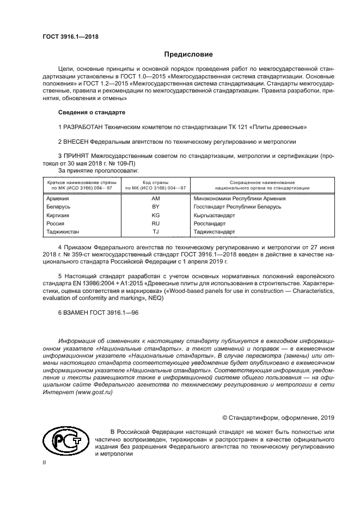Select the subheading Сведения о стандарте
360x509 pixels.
tap(91, 112)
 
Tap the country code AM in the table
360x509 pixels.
tap(155, 198)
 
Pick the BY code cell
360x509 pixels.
tap(155, 207)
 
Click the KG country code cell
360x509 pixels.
tap(155, 215)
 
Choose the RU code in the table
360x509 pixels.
tap(155, 223)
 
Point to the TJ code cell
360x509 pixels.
tap(155, 231)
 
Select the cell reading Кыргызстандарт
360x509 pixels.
tap(214, 215)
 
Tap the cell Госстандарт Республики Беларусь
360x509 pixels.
tap(237, 207)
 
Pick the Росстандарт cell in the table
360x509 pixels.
tap(209, 223)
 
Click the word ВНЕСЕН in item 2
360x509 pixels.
tap(76, 142)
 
